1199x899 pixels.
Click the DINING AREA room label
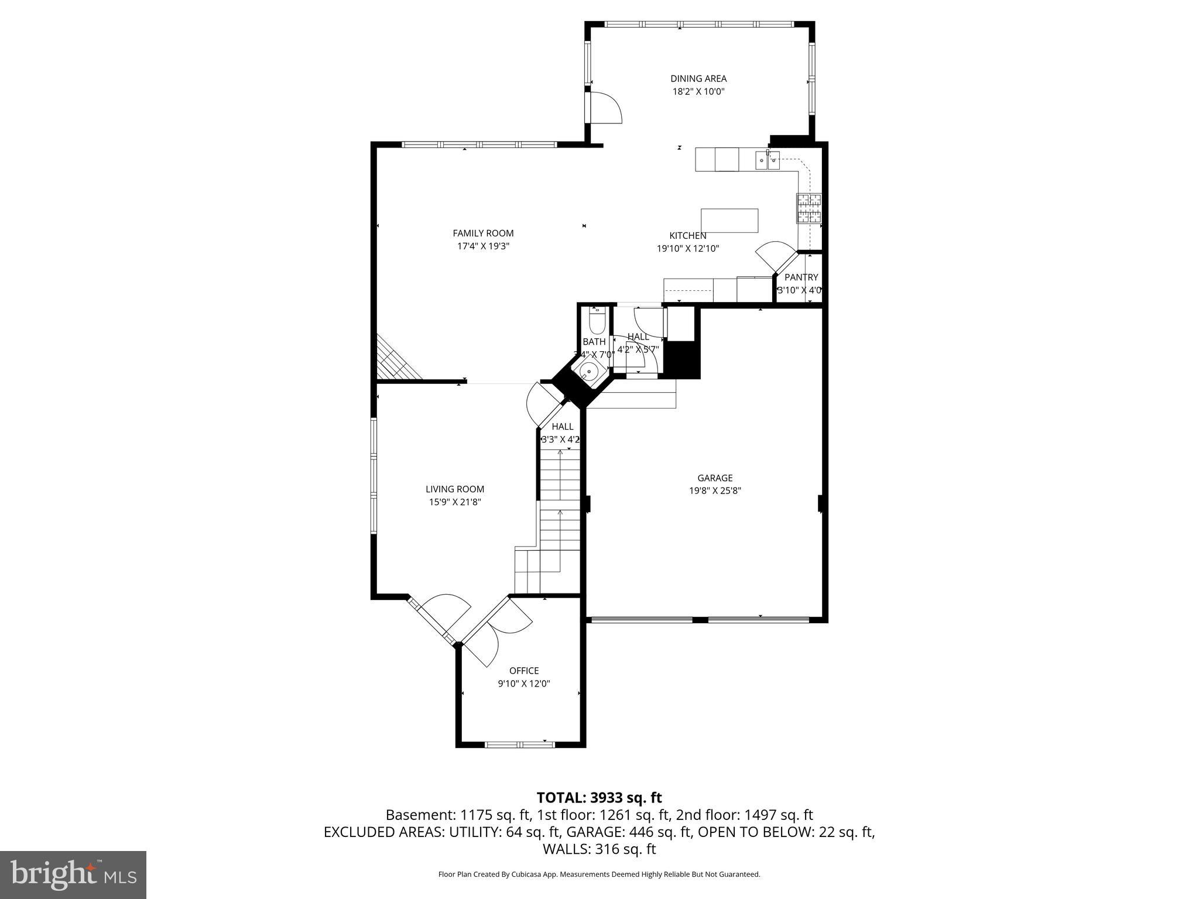click(x=698, y=78)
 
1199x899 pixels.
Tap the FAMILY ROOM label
click(x=483, y=234)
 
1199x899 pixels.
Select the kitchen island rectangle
click(x=729, y=221)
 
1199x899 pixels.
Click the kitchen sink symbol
click(x=767, y=159)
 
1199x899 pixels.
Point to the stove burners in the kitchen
click(x=809, y=208)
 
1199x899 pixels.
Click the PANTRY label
click(x=801, y=277)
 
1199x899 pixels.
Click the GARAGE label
click(x=715, y=478)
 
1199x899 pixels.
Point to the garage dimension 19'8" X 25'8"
click(x=715, y=491)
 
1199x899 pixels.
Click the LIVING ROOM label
click(x=455, y=489)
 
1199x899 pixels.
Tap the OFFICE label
click(x=524, y=671)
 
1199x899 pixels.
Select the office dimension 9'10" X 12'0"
click(x=524, y=684)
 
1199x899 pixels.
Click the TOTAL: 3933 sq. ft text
click(x=599, y=797)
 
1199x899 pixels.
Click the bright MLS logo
click(x=73, y=874)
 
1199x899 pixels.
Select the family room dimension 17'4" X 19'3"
click(x=483, y=246)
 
